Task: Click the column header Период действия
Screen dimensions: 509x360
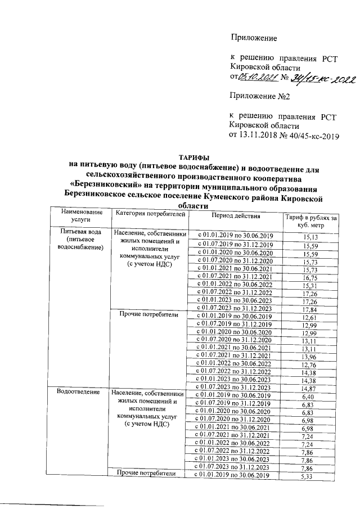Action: (x=236, y=215)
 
